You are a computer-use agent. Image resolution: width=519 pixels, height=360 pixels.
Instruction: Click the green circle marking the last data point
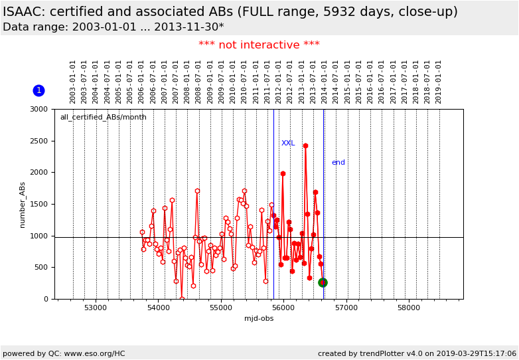323,282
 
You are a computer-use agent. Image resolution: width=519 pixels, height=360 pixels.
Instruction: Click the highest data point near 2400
305,145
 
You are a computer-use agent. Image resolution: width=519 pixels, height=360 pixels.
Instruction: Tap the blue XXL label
288,143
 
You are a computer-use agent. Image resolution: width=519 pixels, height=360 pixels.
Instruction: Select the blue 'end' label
338,163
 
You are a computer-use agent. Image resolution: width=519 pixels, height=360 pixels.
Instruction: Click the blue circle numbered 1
38,90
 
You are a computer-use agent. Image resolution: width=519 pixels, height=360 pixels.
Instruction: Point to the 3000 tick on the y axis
39,109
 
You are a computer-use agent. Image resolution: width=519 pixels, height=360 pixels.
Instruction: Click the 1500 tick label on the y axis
39,204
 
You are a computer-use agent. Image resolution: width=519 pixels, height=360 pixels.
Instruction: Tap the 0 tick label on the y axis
45,299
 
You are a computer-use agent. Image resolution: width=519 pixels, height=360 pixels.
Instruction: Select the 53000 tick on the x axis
96,308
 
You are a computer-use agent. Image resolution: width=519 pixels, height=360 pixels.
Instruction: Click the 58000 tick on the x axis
408,308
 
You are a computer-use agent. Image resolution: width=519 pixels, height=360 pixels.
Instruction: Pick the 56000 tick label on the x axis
283,308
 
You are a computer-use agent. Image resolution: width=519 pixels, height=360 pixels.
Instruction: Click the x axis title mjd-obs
259,319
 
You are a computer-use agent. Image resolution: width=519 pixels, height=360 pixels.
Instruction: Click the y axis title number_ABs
23,205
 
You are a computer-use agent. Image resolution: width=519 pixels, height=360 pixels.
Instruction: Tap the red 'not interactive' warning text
259,45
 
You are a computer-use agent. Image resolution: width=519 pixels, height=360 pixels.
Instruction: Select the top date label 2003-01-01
73,81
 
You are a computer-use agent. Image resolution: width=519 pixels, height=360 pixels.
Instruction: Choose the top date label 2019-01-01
439,81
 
